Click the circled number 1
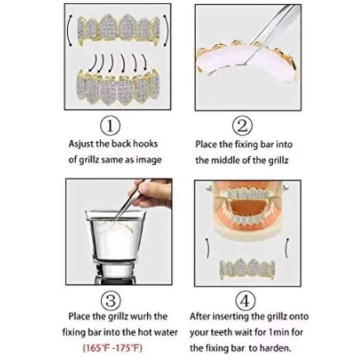(x=110, y=126)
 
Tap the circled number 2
(x=243, y=126)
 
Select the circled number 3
(x=111, y=301)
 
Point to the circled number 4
(x=245, y=301)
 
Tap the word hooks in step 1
(x=145, y=144)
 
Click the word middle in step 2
(x=225, y=160)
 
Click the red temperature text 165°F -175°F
(x=113, y=348)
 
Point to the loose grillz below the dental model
(x=247, y=269)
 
